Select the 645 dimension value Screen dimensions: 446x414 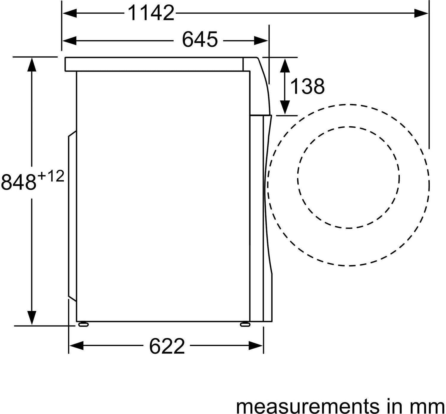[200, 39]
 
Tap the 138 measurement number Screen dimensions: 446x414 [307, 86]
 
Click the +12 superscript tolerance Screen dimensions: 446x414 [51, 177]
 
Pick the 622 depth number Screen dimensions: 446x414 [167, 346]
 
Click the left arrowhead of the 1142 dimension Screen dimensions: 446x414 [70, 13]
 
